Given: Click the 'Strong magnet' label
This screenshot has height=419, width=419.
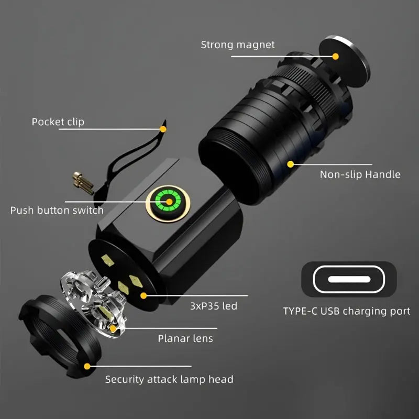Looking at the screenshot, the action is tap(238, 45).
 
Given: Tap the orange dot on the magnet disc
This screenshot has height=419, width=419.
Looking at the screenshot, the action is tap(335, 57).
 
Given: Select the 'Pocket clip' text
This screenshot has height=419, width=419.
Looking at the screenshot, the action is tap(58, 122).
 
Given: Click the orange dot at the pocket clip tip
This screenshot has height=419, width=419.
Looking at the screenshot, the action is tap(163, 129).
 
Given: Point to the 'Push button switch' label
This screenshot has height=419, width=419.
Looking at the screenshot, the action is tap(57, 211).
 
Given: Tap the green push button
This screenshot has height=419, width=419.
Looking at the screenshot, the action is tap(168, 202).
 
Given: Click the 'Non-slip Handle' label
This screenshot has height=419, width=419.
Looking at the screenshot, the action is tap(360, 174).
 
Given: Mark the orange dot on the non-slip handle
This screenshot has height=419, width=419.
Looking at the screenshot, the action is tap(291, 164).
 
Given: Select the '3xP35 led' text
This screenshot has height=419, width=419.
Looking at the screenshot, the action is tap(214, 306).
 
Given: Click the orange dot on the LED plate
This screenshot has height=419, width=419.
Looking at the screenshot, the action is tap(144, 295).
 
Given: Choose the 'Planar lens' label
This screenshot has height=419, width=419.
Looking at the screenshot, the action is tap(185, 338).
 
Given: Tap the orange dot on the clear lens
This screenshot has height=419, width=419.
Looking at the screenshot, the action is tap(113, 328).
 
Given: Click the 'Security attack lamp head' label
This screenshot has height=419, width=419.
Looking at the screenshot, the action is tap(169, 379).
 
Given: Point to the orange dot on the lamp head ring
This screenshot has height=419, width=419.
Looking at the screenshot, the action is tap(87, 366).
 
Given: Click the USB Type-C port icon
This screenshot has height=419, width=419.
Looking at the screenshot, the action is tap(349, 279).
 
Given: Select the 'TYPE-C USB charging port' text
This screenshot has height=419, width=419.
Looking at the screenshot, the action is tap(347, 311).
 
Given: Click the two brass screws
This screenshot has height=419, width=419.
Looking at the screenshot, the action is tap(83, 183).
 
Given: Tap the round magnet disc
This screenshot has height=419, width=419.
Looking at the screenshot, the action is tap(345, 61).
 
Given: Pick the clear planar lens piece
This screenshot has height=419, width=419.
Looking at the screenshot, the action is tap(94, 303).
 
